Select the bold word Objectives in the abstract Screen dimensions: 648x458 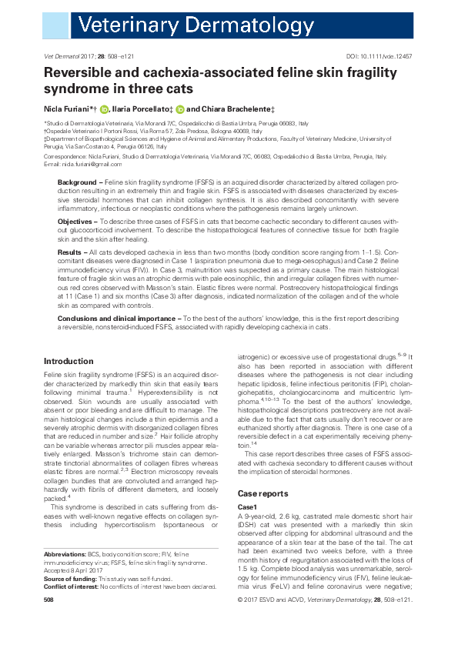75,221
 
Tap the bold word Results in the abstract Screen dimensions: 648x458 71,252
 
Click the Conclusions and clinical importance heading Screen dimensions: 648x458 115,317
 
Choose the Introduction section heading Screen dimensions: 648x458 69,361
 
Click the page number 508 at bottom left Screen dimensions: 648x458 48,620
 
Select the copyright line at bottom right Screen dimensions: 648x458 343,620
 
